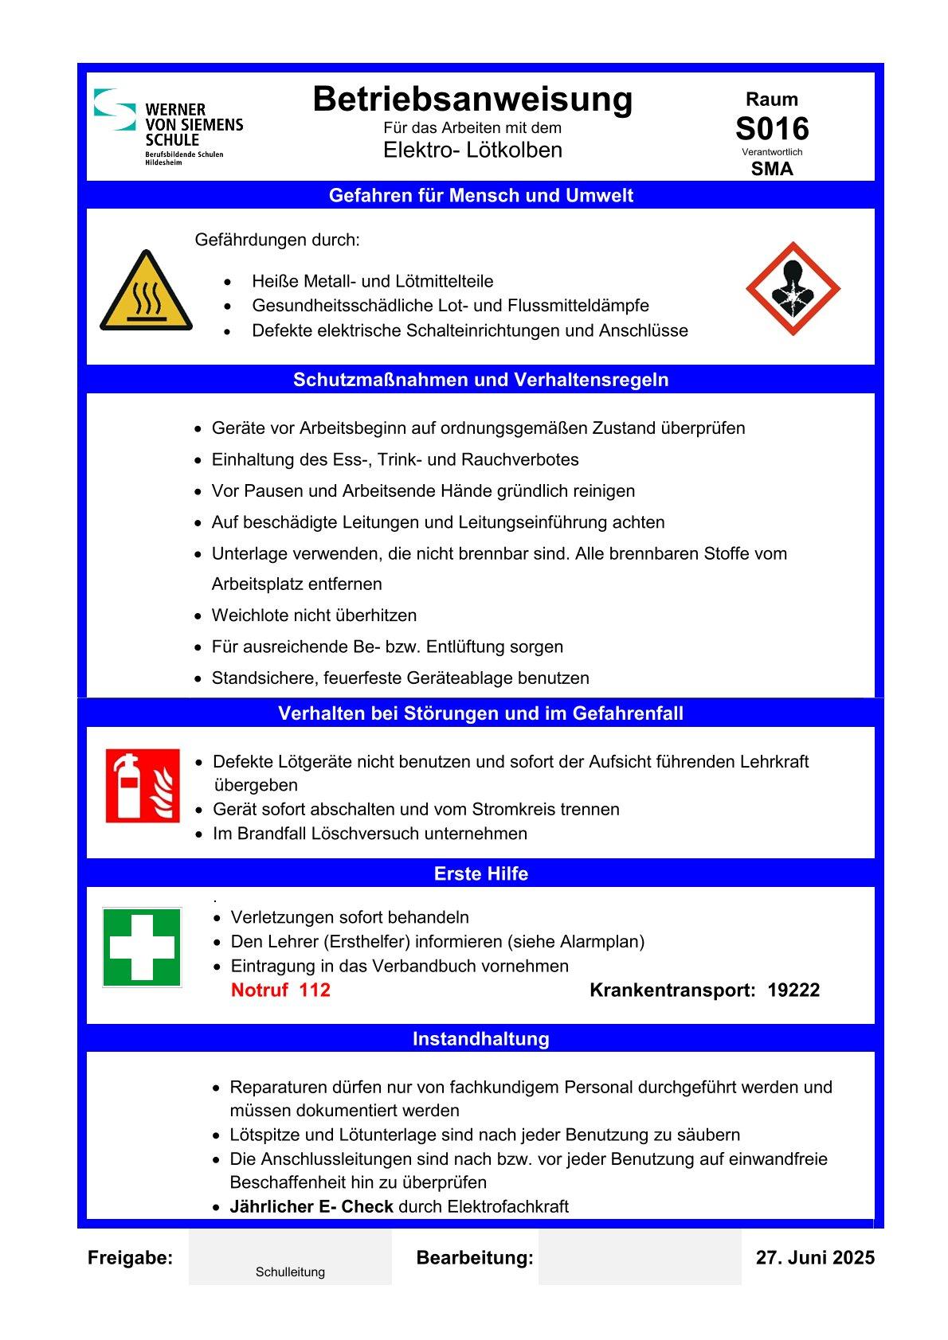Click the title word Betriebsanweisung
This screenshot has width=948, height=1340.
[472, 100]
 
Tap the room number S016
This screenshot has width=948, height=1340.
[771, 129]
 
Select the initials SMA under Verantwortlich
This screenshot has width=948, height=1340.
[771, 169]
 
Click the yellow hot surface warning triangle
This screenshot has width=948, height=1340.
[146, 291]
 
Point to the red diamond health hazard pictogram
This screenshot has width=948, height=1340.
[793, 289]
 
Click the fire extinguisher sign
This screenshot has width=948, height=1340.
[143, 786]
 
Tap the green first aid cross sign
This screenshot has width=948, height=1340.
[142, 947]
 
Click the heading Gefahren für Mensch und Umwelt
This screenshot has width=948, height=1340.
[480, 196]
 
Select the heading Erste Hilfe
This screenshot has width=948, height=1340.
[480, 873]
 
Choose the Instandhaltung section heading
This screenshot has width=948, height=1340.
[480, 1039]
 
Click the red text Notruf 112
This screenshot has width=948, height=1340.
[280, 990]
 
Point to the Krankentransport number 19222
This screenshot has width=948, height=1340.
[793, 990]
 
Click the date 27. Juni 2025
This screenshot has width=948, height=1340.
[814, 1258]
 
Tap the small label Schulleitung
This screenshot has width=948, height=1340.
[290, 1272]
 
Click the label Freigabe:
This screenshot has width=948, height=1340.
[130, 1258]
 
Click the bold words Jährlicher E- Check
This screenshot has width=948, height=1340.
[311, 1207]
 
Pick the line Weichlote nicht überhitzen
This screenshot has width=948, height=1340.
[314, 615]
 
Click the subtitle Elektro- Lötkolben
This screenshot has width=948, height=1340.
[472, 150]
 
